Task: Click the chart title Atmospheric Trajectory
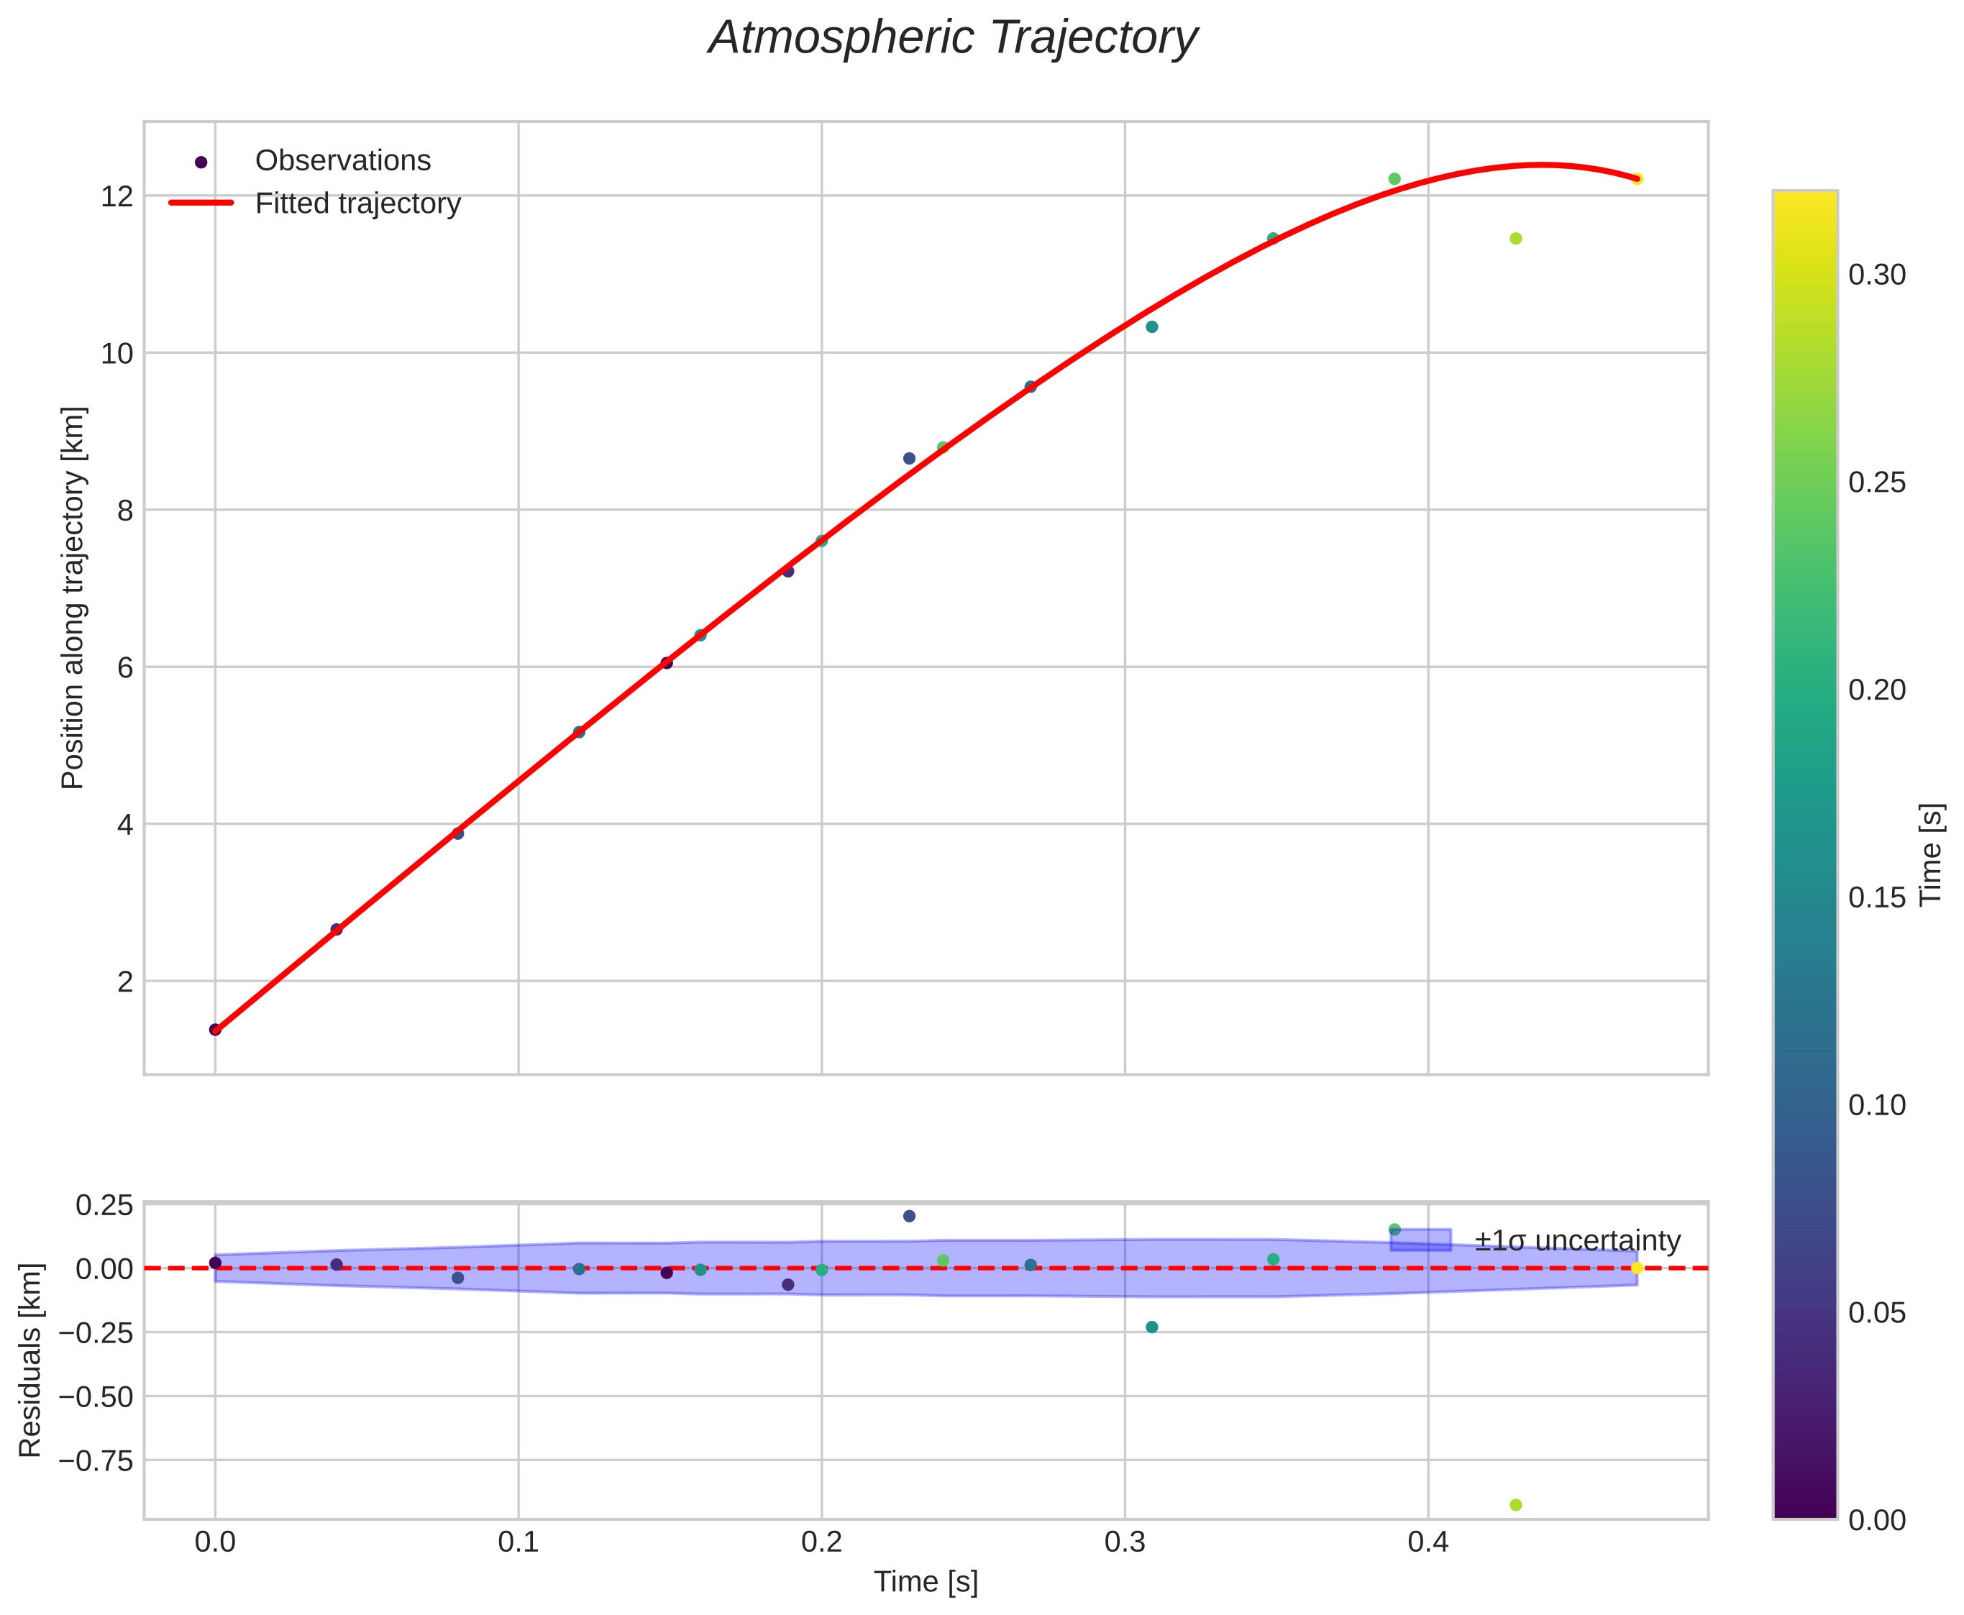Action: [953, 39]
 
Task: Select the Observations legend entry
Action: [342, 161]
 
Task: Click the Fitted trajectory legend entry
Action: [357, 203]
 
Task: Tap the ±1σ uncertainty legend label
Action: [1577, 1241]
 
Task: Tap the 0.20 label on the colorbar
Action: [1876, 690]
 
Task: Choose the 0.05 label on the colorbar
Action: [1876, 1313]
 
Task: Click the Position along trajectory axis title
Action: [73, 598]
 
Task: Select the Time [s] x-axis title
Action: [926, 1583]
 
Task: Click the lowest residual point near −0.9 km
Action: [1515, 1505]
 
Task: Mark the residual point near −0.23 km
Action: [1152, 1327]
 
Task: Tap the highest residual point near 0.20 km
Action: [909, 1216]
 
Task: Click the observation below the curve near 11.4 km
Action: [1515, 238]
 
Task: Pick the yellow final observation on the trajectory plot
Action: [1637, 178]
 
